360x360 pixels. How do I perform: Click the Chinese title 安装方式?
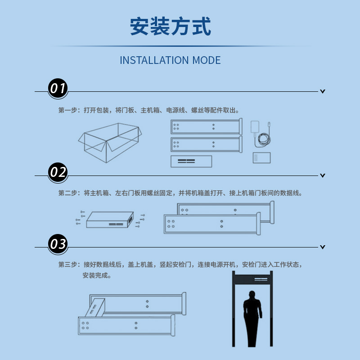click(171, 26)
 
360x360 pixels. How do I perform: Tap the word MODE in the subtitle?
click(207, 60)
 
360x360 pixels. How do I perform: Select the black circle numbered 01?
click(58, 88)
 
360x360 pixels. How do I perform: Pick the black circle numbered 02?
click(58, 172)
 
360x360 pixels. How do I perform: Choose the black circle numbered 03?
click(58, 244)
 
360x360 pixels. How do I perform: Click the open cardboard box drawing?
click(110, 143)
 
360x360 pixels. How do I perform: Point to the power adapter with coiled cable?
click(261, 134)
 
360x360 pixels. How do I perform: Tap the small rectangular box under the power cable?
click(261, 158)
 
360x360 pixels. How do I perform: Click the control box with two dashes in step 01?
click(191, 161)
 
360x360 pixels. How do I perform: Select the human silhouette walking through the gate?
click(252, 319)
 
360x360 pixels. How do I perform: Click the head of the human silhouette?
click(252, 295)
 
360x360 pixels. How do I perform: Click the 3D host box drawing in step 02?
click(110, 220)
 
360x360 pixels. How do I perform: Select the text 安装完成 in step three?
click(95, 275)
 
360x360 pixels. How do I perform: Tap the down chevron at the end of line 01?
click(323, 91)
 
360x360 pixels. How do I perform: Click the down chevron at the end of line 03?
click(323, 247)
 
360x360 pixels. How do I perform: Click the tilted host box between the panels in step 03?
click(95, 308)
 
